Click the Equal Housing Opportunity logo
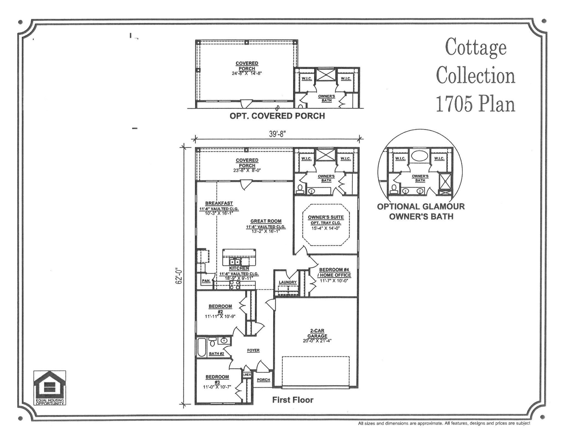tap(50, 387)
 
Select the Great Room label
tap(266, 221)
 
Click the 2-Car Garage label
tap(317, 333)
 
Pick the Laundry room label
tap(288, 282)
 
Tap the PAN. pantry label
tap(206, 281)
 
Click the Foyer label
tap(253, 350)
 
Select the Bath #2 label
tap(216, 354)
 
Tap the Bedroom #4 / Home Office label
tap(335, 272)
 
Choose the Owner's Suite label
tap(326, 217)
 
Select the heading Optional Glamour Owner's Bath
tap(421, 211)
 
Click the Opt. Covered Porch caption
tap(277, 116)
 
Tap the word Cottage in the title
tap(475, 47)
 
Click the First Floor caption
tap(293, 400)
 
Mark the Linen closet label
tap(247, 375)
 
